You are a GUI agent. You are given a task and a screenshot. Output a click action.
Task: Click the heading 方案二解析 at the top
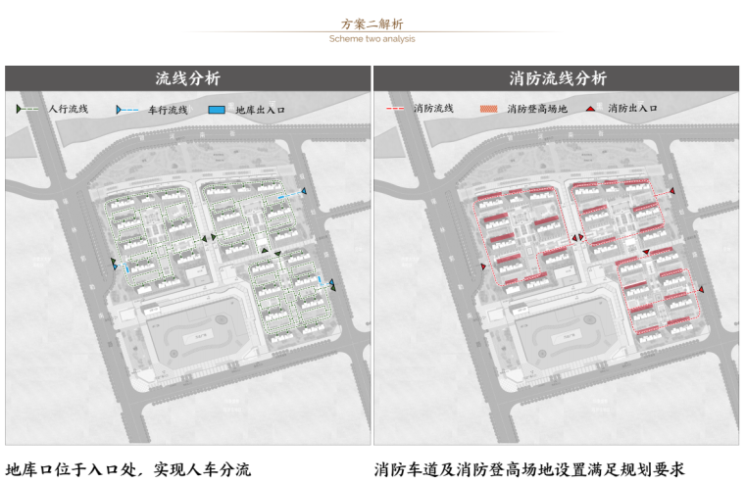click(372, 24)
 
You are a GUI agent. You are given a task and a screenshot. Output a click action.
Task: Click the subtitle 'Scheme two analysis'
click(372, 39)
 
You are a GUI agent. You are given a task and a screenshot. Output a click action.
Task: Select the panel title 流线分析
click(188, 78)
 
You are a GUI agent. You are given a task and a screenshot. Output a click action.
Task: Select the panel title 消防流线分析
click(557, 78)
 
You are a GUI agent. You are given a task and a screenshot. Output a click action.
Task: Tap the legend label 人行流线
click(69, 109)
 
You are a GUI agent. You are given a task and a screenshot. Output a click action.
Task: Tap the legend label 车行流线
click(168, 110)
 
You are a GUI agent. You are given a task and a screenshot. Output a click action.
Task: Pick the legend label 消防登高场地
click(537, 109)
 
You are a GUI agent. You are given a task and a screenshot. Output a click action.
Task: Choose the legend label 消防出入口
click(632, 109)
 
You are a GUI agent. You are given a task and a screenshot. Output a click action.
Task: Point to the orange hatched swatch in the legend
click(488, 109)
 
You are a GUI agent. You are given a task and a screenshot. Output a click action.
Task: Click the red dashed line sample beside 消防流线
click(397, 109)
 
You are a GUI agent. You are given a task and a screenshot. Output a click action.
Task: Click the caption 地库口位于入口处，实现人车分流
click(128, 469)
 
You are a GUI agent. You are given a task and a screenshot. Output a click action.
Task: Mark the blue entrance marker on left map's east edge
click(333, 285)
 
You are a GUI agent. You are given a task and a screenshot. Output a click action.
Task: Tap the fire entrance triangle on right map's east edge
click(701, 286)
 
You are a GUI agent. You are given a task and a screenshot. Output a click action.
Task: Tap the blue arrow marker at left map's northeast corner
click(304, 192)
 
